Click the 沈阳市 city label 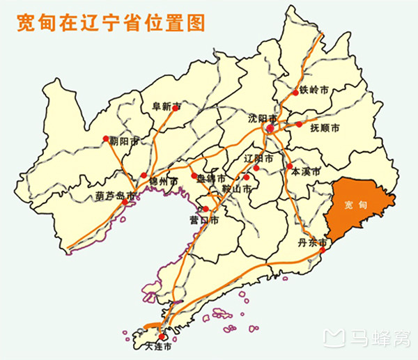click(263, 118)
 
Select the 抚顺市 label click(325, 128)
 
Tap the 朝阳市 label click(125, 141)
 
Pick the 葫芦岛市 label click(116, 196)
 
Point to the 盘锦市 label click(211, 178)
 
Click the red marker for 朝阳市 click(106, 139)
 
